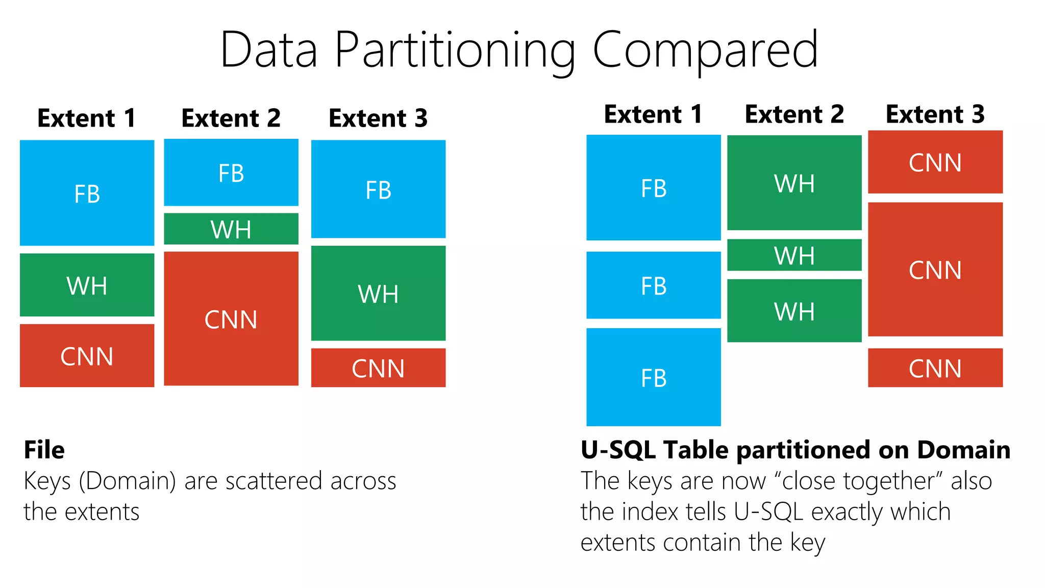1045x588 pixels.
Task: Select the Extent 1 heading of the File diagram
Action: (87, 118)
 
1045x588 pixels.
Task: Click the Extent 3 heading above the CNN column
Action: (935, 114)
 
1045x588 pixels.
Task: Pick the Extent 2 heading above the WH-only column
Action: (794, 114)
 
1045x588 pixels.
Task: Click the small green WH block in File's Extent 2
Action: (231, 229)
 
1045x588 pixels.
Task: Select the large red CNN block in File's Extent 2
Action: (231, 318)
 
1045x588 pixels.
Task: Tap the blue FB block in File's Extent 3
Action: (378, 189)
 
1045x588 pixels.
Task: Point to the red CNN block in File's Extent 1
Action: (87, 356)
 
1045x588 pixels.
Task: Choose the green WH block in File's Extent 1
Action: (87, 285)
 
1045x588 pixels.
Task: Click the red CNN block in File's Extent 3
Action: (378, 367)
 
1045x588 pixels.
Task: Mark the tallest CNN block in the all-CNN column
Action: (935, 269)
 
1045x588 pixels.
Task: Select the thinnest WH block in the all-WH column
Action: (794, 255)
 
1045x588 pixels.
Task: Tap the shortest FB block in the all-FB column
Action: (653, 285)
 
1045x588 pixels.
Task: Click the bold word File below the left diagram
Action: (44, 450)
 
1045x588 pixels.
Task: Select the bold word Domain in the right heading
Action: (963, 450)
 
